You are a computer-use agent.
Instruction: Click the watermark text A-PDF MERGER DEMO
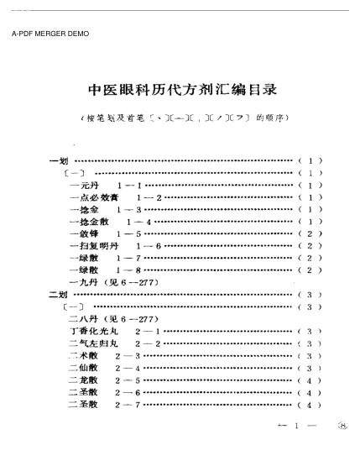tap(51, 34)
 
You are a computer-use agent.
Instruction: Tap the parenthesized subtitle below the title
tap(182, 118)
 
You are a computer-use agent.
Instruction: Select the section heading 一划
tap(60, 159)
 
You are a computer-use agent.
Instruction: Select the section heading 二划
tap(60, 296)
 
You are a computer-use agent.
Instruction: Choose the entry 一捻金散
tap(88, 221)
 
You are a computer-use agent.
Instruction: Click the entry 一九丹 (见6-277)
tap(109, 283)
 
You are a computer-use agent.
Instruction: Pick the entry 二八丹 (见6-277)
tap(109, 320)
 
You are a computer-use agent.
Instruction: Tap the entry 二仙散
tap(84, 369)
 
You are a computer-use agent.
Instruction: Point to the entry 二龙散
tap(84, 381)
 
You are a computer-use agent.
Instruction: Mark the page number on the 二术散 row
tap(310, 357)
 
